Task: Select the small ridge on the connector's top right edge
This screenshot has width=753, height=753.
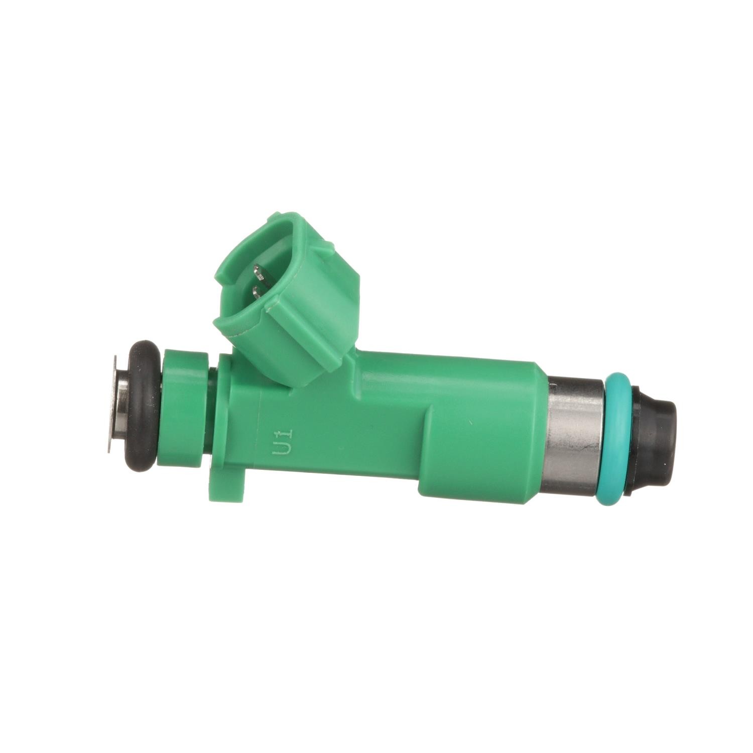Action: (x=329, y=246)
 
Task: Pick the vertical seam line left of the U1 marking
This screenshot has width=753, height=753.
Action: (x=261, y=432)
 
